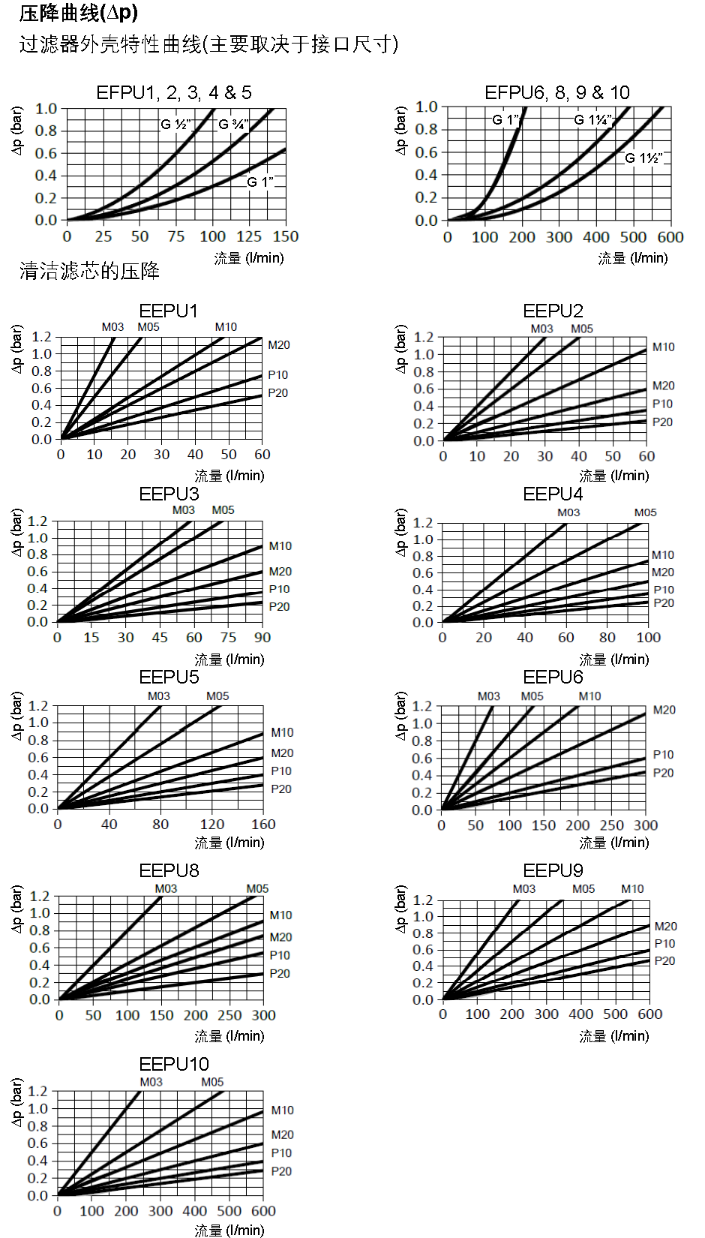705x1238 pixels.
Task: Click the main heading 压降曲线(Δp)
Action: [x=79, y=13]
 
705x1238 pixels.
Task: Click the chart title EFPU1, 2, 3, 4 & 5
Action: [x=174, y=92]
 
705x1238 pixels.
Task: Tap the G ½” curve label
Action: [x=176, y=125]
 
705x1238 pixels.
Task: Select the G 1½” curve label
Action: [x=644, y=158]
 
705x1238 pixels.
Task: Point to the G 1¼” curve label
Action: [x=593, y=120]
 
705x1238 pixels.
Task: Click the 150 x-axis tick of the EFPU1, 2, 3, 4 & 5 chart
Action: [x=285, y=236]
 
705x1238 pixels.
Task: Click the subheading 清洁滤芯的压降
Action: [x=89, y=271]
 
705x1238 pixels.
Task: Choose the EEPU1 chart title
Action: [x=169, y=311]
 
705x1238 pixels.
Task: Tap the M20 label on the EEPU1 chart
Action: [x=279, y=345]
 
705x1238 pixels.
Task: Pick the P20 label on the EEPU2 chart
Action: [x=662, y=422]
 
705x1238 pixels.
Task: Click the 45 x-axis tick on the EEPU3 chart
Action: [x=160, y=638]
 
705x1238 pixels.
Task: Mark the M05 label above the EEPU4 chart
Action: [x=645, y=512]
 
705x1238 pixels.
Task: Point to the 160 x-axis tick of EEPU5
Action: [x=263, y=824]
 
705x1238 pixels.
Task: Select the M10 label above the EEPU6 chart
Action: [x=589, y=696]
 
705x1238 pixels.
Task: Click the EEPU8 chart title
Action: [x=169, y=870]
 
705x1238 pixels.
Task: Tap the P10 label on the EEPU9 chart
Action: [x=664, y=944]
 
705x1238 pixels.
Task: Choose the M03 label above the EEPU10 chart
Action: [x=151, y=1082]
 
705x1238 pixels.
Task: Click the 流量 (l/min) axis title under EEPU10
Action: [x=229, y=1230]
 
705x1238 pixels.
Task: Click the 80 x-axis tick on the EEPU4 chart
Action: [x=607, y=638]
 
